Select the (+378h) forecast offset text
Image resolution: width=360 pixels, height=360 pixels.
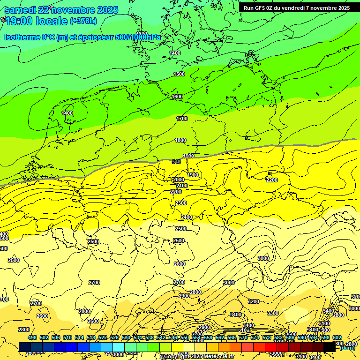click(x=83, y=21)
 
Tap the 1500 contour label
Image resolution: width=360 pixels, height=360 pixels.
click(x=179, y=74)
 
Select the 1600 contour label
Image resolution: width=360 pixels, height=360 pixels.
click(x=177, y=97)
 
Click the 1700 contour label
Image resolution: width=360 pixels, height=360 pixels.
click(x=182, y=119)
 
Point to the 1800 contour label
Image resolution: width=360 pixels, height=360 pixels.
click(x=180, y=140)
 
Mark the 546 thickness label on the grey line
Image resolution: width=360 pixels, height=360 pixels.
click(x=176, y=162)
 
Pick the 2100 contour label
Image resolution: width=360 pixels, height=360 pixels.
click(x=182, y=186)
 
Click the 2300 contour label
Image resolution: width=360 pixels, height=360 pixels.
click(x=181, y=203)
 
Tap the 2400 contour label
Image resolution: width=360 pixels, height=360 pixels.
click(x=187, y=217)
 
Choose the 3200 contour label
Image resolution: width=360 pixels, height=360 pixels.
click(x=254, y=301)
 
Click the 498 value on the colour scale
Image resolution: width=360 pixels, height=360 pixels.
click(x=32, y=337)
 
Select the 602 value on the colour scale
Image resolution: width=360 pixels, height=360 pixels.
click(x=337, y=337)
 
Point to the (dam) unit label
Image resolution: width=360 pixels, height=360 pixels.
click(x=347, y=348)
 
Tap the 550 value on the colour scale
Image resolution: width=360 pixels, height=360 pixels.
click(x=185, y=337)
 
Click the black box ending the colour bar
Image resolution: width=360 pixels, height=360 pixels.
click(x=330, y=347)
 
